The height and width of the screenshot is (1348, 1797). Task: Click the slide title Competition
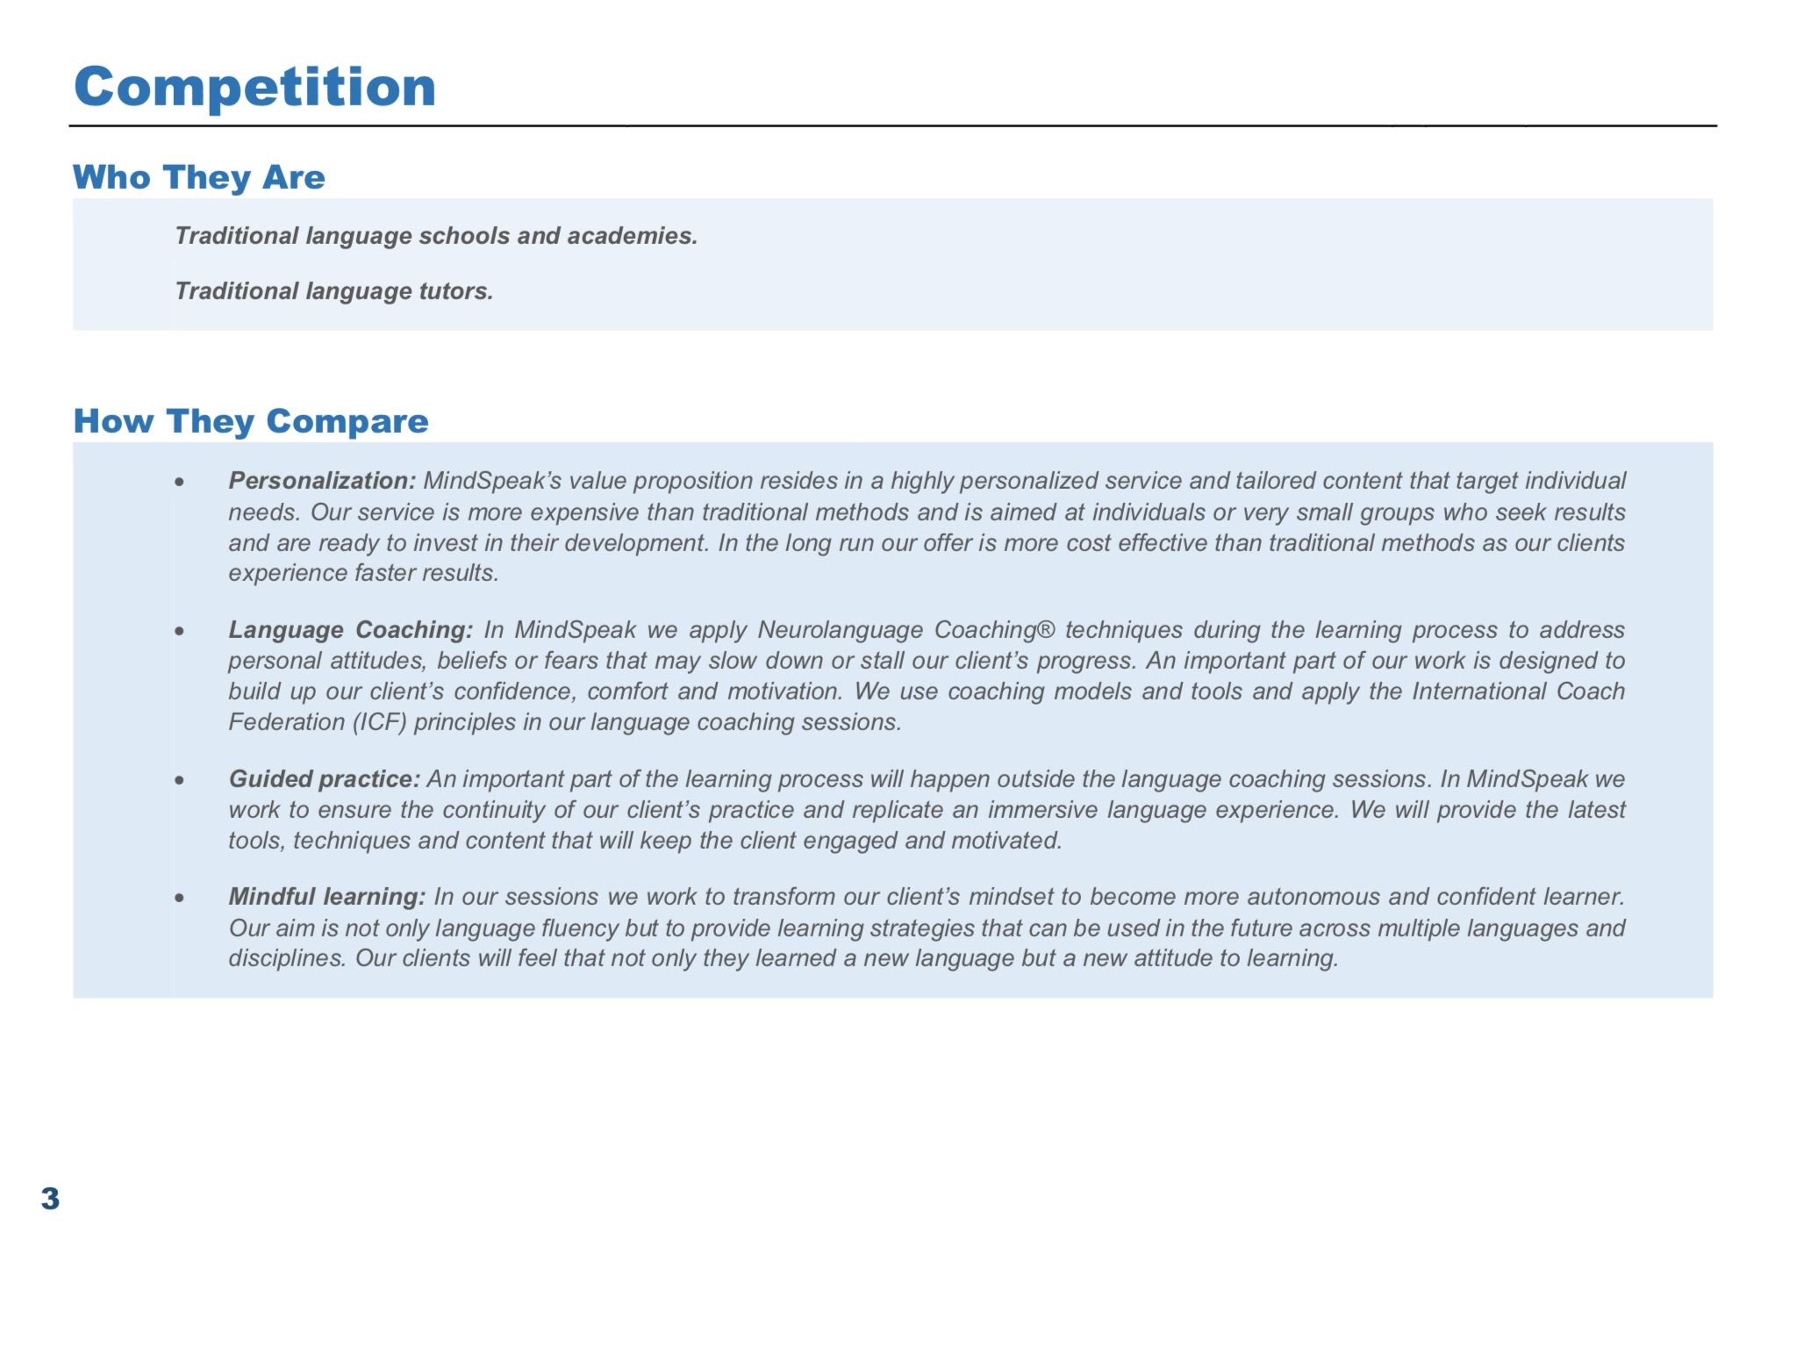254,87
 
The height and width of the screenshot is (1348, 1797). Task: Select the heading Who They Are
198,177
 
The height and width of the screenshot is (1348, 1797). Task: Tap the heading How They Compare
251,421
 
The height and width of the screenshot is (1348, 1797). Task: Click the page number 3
50,1199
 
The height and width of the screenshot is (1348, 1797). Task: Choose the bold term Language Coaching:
350,630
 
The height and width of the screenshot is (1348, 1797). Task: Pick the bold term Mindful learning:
326,897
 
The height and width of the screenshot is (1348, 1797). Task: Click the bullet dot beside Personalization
179,482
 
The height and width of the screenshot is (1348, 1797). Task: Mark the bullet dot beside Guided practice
179,780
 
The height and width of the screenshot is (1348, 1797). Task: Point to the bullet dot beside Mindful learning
179,898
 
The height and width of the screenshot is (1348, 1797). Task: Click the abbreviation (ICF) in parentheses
379,722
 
